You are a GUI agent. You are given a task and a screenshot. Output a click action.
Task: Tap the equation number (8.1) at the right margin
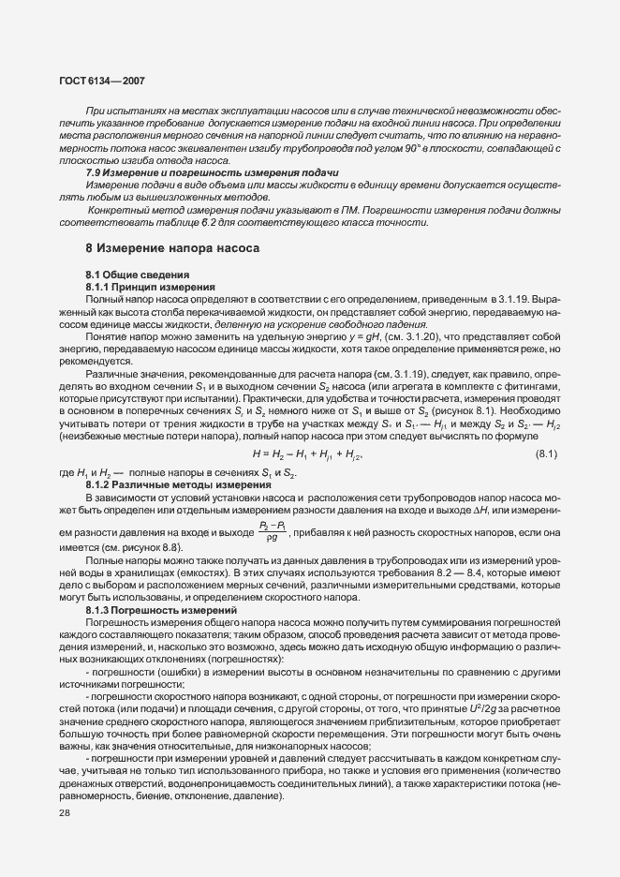(x=546, y=455)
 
